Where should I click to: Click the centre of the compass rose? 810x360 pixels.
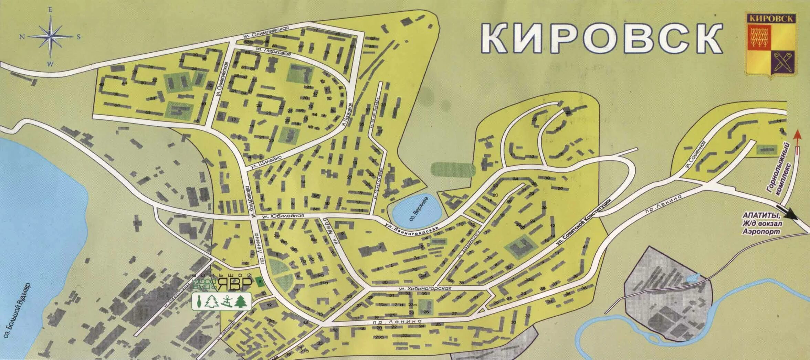[x=51, y=37]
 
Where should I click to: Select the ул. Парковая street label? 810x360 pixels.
[x=274, y=52]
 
